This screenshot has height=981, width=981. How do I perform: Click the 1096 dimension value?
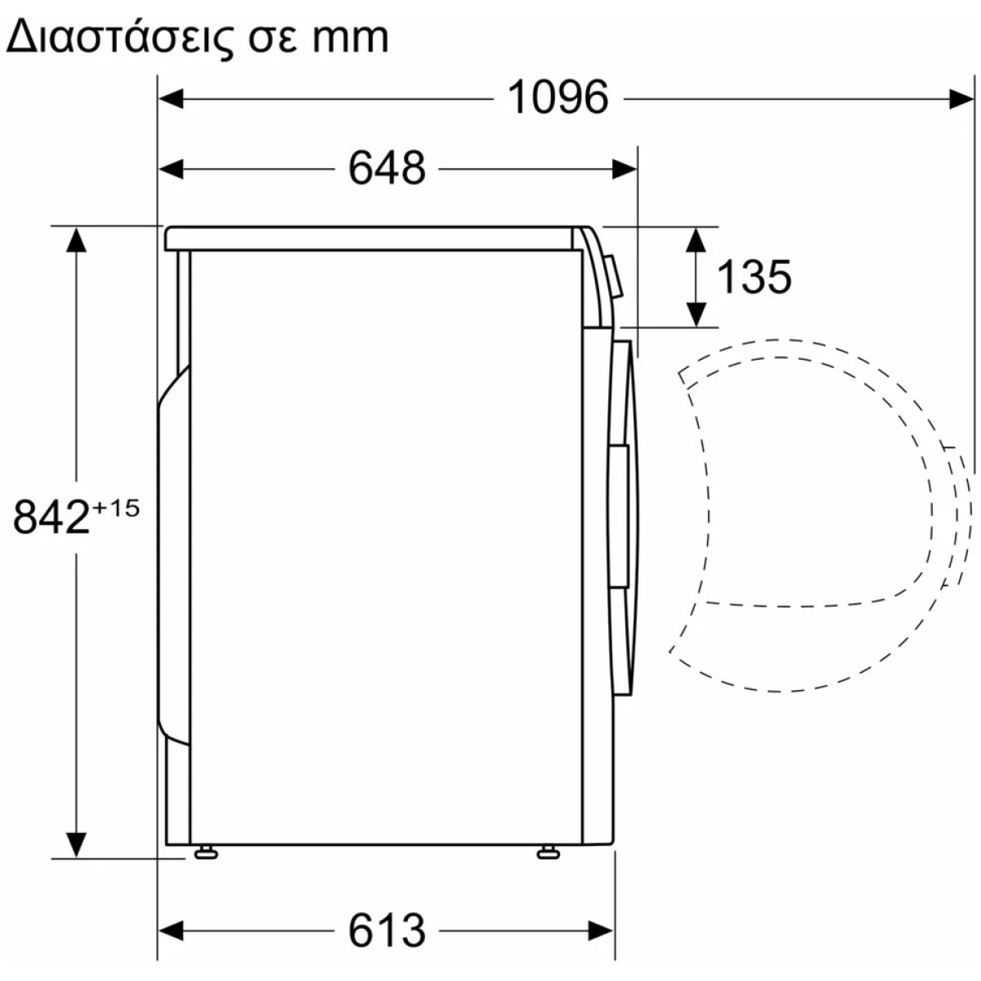[558, 97]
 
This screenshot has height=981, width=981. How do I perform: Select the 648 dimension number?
[387, 168]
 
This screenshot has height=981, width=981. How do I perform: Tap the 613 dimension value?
[387, 930]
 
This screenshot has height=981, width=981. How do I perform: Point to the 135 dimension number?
[754, 277]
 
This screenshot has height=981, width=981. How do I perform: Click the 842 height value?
[52, 517]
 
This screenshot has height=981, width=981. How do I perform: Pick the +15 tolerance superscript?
[115, 508]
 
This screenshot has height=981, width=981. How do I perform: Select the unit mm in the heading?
[351, 38]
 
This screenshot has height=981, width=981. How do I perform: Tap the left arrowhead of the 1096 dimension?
[171, 99]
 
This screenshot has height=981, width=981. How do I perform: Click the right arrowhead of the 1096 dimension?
[961, 99]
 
